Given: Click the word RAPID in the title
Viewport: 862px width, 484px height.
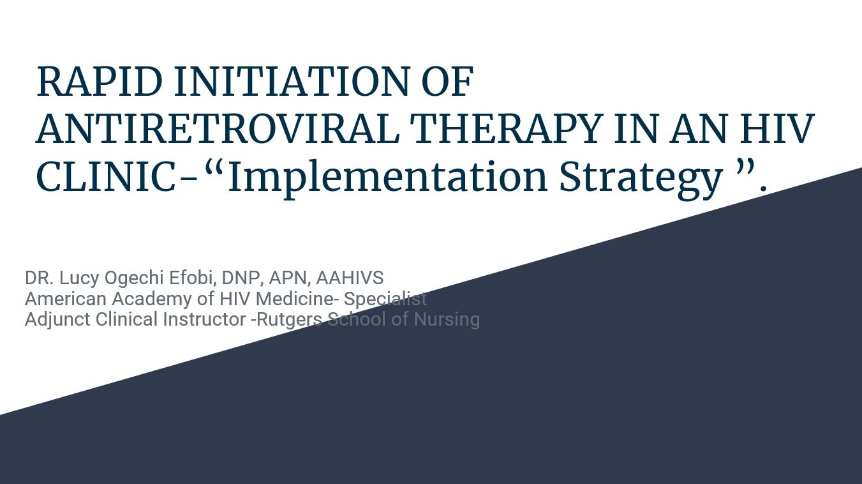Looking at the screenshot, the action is [100, 81].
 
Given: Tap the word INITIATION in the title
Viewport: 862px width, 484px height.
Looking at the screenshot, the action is [292, 81].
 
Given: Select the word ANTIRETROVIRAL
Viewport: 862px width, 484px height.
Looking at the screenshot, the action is [218, 128].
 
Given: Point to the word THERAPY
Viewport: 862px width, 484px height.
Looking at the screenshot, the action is [505, 128].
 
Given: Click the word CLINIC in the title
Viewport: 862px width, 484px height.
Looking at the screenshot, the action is [106, 176].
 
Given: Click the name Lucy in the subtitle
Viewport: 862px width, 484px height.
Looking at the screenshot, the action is [79, 278].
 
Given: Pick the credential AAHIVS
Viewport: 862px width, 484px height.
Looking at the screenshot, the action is [350, 278].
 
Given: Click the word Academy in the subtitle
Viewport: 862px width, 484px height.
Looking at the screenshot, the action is [152, 299].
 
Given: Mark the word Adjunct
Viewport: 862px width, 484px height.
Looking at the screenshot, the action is [57, 320].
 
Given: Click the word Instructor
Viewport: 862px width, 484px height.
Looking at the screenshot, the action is [204, 319].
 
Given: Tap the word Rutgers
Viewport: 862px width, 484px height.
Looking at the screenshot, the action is [290, 320].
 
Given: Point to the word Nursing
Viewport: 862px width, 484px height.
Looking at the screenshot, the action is [447, 320].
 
